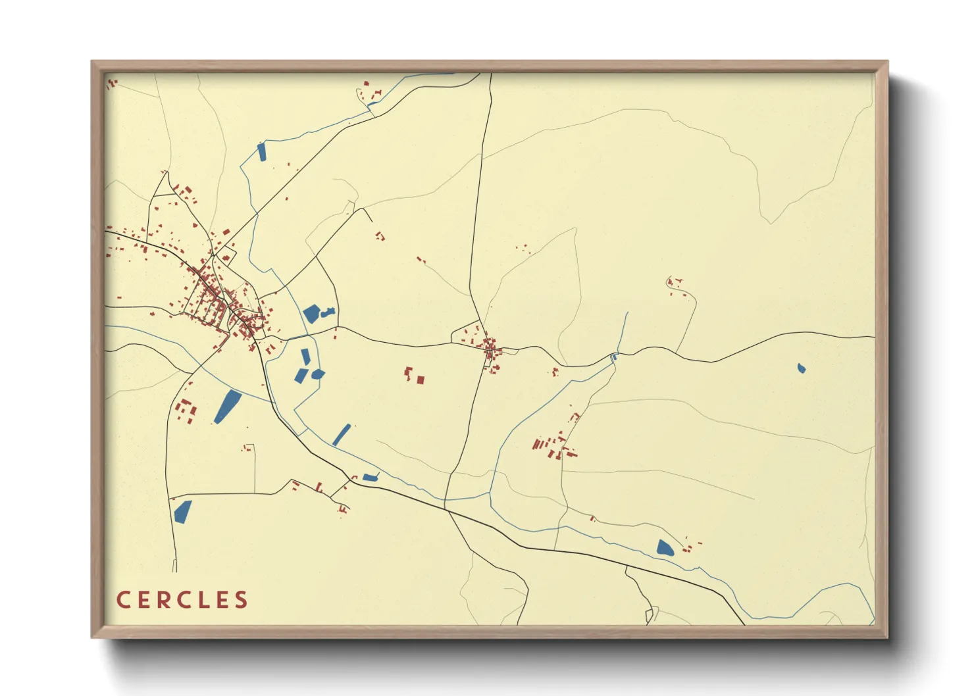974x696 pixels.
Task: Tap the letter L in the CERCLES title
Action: [x=204, y=600]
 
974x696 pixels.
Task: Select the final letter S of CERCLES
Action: [x=242, y=600]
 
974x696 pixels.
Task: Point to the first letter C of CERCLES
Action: [x=123, y=600]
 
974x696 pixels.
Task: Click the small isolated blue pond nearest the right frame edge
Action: [x=801, y=368]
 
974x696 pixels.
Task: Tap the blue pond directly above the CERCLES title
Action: [x=182, y=511]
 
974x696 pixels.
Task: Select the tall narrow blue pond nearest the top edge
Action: [x=261, y=151]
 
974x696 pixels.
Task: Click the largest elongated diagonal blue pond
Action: [x=228, y=406]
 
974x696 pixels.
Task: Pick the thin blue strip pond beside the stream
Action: [x=342, y=435]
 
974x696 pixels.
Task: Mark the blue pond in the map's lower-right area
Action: [x=665, y=547]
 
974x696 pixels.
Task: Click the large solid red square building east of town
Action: [x=420, y=380]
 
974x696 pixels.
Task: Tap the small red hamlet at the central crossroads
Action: [x=490, y=345]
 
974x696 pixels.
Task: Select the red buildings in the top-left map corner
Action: [x=112, y=83]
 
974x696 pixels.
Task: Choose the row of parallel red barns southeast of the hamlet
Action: [x=540, y=444]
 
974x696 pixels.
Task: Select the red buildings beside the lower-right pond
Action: [x=688, y=545]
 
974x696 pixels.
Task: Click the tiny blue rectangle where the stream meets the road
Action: [x=615, y=357]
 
